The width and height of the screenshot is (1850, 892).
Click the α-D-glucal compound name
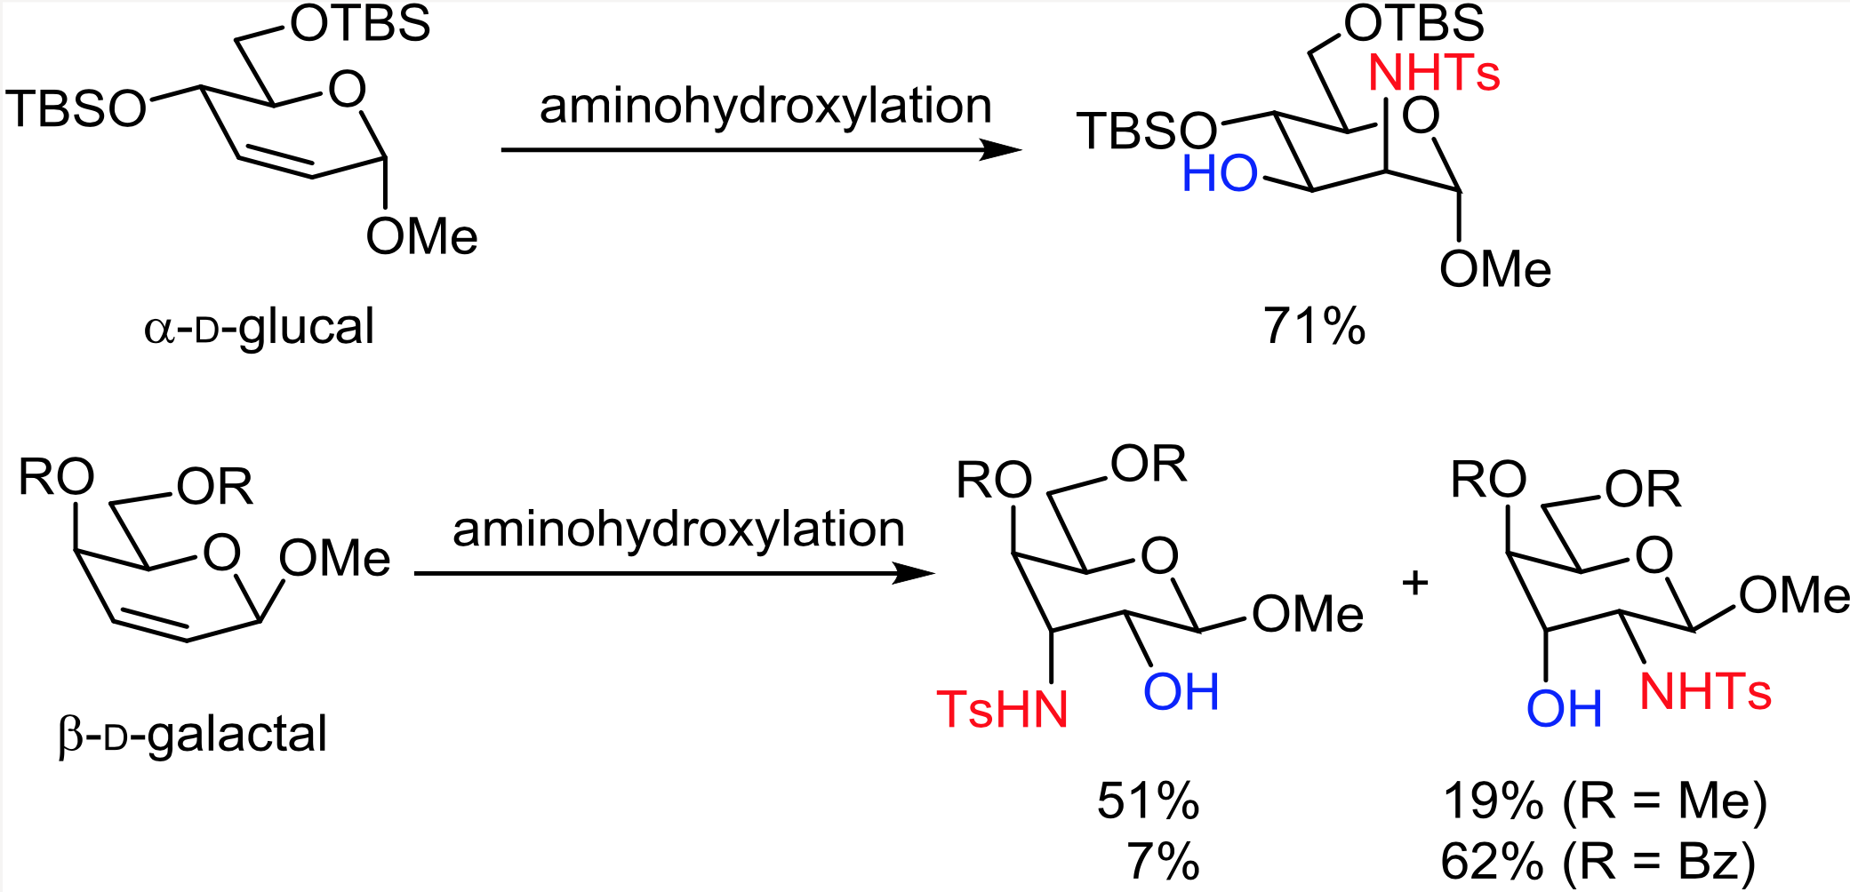coord(259,327)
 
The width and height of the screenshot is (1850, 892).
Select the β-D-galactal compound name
coord(193,735)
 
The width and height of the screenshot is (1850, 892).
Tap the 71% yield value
coord(1314,326)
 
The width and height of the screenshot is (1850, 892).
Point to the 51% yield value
coord(1148,800)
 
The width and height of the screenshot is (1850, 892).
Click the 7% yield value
coord(1163,861)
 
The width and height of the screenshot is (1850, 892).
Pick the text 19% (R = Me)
coord(1605,800)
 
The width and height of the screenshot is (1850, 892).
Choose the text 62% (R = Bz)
coord(1598,861)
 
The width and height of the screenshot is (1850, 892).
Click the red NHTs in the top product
coord(1434,73)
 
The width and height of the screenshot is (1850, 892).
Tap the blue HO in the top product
coord(1219,174)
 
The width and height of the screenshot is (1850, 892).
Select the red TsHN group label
coord(1002,710)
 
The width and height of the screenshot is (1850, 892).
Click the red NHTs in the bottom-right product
coord(1705,691)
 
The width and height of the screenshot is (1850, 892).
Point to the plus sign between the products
coord(1414,584)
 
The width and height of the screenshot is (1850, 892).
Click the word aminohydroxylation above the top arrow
coord(765,107)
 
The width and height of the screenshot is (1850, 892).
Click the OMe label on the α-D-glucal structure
coord(421,236)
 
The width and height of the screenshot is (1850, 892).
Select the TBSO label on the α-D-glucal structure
coord(76,109)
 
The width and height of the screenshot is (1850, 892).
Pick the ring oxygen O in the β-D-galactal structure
coord(221,552)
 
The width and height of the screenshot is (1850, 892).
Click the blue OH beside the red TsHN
coord(1181,692)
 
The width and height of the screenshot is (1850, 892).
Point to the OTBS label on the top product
coord(1414,24)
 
